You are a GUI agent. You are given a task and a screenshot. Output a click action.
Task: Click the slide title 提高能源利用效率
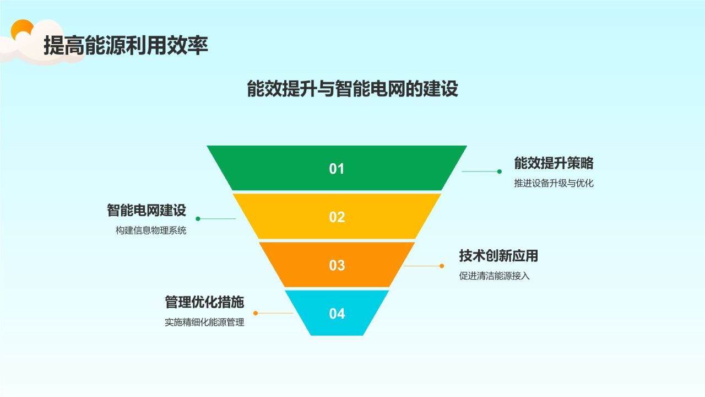(126, 46)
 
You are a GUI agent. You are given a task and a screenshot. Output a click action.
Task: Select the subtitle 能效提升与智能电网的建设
(352, 89)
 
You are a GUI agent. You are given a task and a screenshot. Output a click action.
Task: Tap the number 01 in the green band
(337, 169)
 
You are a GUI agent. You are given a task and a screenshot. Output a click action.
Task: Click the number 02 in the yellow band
(337, 217)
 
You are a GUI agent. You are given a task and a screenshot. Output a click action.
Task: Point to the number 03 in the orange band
(337, 265)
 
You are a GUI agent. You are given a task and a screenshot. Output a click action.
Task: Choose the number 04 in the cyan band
(337, 314)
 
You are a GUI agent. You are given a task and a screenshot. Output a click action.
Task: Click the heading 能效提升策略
(554, 163)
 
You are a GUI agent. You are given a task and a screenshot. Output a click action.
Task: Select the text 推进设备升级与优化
(554, 184)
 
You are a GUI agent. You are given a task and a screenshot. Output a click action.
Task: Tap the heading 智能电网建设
(147, 210)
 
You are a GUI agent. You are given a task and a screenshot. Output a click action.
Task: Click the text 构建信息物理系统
(151, 231)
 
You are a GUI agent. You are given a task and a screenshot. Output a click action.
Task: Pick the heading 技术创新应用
(498, 256)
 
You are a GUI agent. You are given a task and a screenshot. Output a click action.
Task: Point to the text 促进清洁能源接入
(494, 276)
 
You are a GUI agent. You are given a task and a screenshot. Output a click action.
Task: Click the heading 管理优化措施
(204, 302)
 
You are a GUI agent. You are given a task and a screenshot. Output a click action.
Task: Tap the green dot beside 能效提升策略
(500, 171)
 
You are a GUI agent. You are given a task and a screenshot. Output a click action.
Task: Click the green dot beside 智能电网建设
(198, 219)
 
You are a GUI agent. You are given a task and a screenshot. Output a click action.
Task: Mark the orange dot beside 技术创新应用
(442, 266)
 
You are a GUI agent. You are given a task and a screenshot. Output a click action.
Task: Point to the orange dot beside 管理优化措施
(256, 313)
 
